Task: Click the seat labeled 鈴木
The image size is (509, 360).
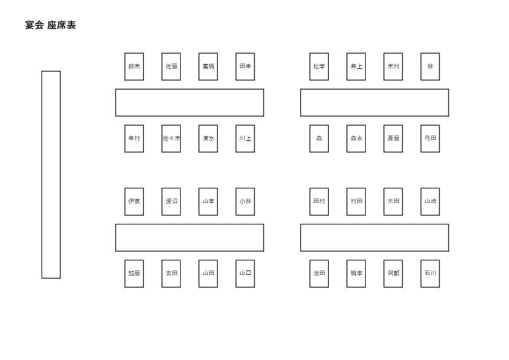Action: [x=134, y=67]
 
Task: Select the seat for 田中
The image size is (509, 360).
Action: [x=245, y=67]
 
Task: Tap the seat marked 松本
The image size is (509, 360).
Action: [x=319, y=67]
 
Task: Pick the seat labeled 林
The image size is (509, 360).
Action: [x=430, y=67]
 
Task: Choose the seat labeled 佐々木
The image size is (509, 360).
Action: [x=171, y=139]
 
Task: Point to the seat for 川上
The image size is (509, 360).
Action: [x=245, y=139]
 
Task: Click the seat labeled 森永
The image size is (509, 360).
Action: [x=356, y=139]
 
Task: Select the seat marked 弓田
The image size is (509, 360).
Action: [x=430, y=139]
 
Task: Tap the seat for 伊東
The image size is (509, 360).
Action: [x=134, y=201]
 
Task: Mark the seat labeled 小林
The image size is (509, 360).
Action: [x=245, y=201]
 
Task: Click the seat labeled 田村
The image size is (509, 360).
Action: [x=319, y=201]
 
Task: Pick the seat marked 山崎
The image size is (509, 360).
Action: [x=430, y=201]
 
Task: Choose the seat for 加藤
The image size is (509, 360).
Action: [x=134, y=273]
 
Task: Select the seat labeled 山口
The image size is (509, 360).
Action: [x=245, y=273]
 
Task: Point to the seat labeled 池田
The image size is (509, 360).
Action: [x=319, y=273]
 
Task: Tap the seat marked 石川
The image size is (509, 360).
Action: [x=430, y=273]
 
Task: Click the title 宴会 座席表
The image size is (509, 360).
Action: [x=50, y=25]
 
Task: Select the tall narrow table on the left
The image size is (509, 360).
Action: [x=51, y=175]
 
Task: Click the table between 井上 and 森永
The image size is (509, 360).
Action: [x=375, y=103]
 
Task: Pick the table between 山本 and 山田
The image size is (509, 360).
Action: [x=190, y=238]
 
